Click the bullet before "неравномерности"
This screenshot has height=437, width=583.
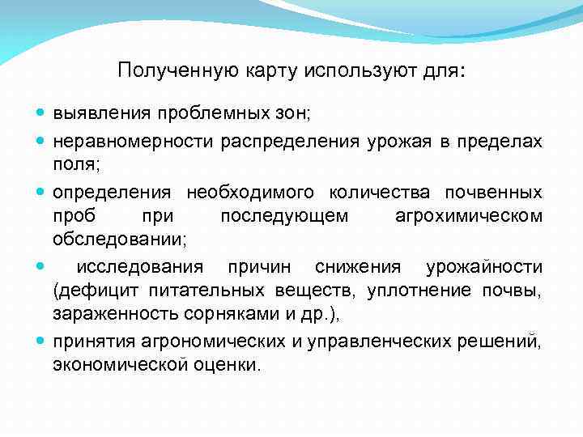pyautogui.click(x=42, y=142)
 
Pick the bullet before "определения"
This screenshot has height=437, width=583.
pyautogui.click(x=42, y=193)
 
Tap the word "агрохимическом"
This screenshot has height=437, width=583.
pyautogui.click(x=468, y=216)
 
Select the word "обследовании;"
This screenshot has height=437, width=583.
pyautogui.click(x=120, y=240)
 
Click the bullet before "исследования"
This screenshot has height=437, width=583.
pyautogui.click(x=42, y=266)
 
